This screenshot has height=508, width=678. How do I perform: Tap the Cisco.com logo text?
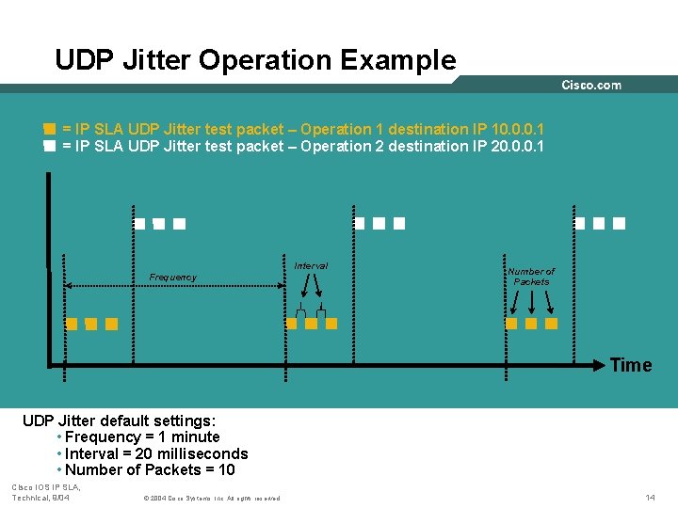pos(591,85)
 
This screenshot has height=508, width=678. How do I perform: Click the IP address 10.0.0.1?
pos(518,129)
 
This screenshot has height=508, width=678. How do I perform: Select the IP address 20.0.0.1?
pos(518,146)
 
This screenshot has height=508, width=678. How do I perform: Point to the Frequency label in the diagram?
pos(173,278)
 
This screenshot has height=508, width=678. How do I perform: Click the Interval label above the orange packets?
pos(311,266)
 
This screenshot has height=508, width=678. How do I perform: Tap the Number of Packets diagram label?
pos(531,277)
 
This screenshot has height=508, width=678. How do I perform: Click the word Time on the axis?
pos(630,365)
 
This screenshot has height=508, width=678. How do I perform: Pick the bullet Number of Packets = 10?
pos(150,470)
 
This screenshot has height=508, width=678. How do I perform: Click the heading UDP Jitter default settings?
pos(119,421)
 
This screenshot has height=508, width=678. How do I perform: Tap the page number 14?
pos(650,497)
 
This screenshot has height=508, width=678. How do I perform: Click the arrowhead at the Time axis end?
pos(603,363)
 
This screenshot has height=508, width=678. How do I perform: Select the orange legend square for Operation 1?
pos(49,129)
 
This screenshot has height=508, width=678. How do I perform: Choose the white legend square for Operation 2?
pos(49,147)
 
